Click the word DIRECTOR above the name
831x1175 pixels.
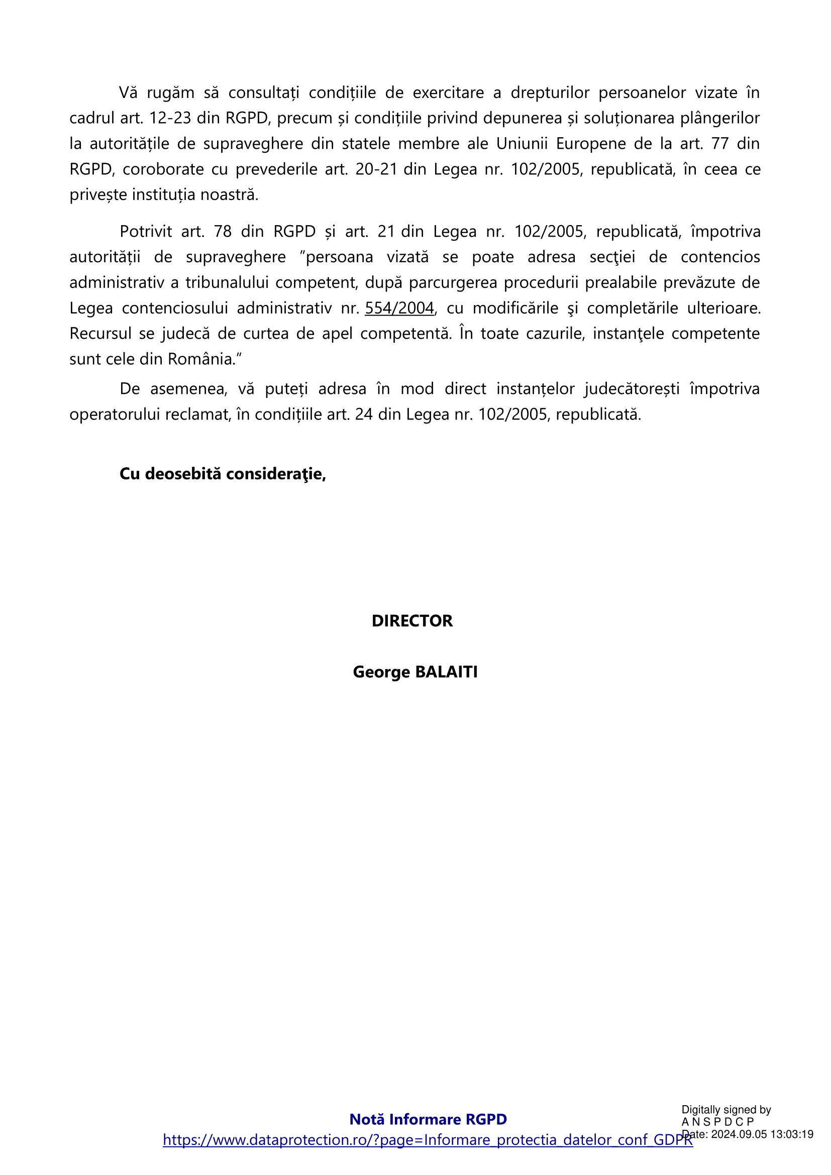pos(412,621)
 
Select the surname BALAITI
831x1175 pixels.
pos(446,672)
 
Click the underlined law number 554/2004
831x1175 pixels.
pos(399,308)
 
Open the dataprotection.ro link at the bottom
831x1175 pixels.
pos(428,1140)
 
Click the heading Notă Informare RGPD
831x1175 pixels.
pos(428,1119)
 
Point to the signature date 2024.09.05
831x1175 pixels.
pos(739,1134)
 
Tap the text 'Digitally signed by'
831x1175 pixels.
pos(726,1110)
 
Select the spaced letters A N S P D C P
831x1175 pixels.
pos(718,1122)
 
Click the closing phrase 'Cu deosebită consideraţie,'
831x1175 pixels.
pos(223,474)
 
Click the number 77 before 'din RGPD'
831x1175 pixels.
pos(720,144)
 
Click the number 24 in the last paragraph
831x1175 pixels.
pos(363,414)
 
